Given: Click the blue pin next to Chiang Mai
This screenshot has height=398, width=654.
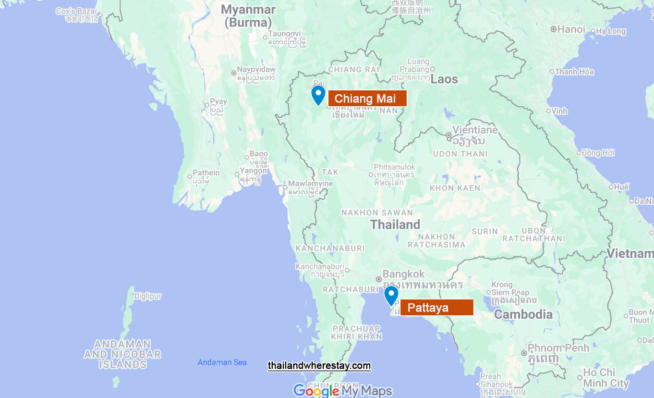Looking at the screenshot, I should (x=318, y=94).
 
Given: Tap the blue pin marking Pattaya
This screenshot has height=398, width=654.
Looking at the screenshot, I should (x=391, y=295).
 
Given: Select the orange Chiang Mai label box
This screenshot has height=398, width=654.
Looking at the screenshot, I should (x=367, y=99).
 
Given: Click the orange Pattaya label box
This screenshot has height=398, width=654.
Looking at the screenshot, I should (x=436, y=308).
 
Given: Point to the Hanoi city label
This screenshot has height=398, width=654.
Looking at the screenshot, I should (x=571, y=29).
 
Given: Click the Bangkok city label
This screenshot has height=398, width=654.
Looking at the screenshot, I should (x=403, y=274).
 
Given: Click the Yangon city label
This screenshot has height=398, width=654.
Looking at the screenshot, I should (x=253, y=171).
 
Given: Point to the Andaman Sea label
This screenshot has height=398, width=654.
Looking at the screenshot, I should (x=222, y=362).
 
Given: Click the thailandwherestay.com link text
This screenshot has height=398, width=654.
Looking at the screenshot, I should (x=319, y=366).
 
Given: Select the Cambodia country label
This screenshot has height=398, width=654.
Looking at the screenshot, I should (x=523, y=315).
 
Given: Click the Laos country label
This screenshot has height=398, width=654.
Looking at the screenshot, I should (x=444, y=79).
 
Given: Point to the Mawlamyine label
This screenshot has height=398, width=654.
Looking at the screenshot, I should (x=310, y=184).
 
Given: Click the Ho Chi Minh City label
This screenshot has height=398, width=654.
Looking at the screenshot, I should (x=606, y=378).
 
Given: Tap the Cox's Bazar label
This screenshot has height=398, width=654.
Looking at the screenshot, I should (x=77, y=11).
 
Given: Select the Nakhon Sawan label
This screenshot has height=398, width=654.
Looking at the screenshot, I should (x=377, y=212).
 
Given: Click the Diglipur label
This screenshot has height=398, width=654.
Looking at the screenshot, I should (x=148, y=296).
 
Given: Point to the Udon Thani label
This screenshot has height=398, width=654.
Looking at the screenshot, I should (x=460, y=154).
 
